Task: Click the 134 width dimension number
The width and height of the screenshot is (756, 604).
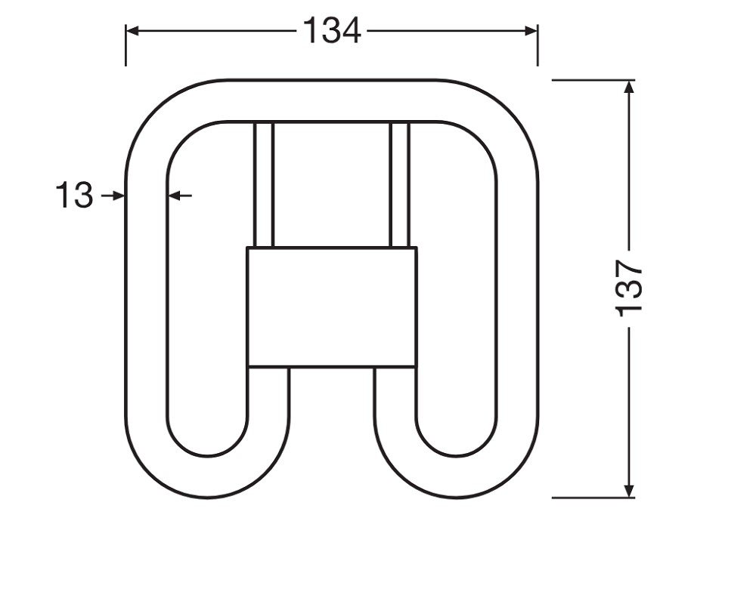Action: (x=332, y=31)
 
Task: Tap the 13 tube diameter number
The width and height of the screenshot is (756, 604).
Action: (x=74, y=195)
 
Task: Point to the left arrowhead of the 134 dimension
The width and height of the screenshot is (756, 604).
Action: (x=132, y=31)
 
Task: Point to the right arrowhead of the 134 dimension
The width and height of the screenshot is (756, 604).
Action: (x=531, y=31)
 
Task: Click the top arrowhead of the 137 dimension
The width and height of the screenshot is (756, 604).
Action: (x=629, y=86)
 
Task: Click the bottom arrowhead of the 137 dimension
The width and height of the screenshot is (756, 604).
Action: (x=629, y=491)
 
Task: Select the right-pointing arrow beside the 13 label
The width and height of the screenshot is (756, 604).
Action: (x=113, y=196)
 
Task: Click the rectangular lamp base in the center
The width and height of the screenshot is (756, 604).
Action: (x=332, y=307)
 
